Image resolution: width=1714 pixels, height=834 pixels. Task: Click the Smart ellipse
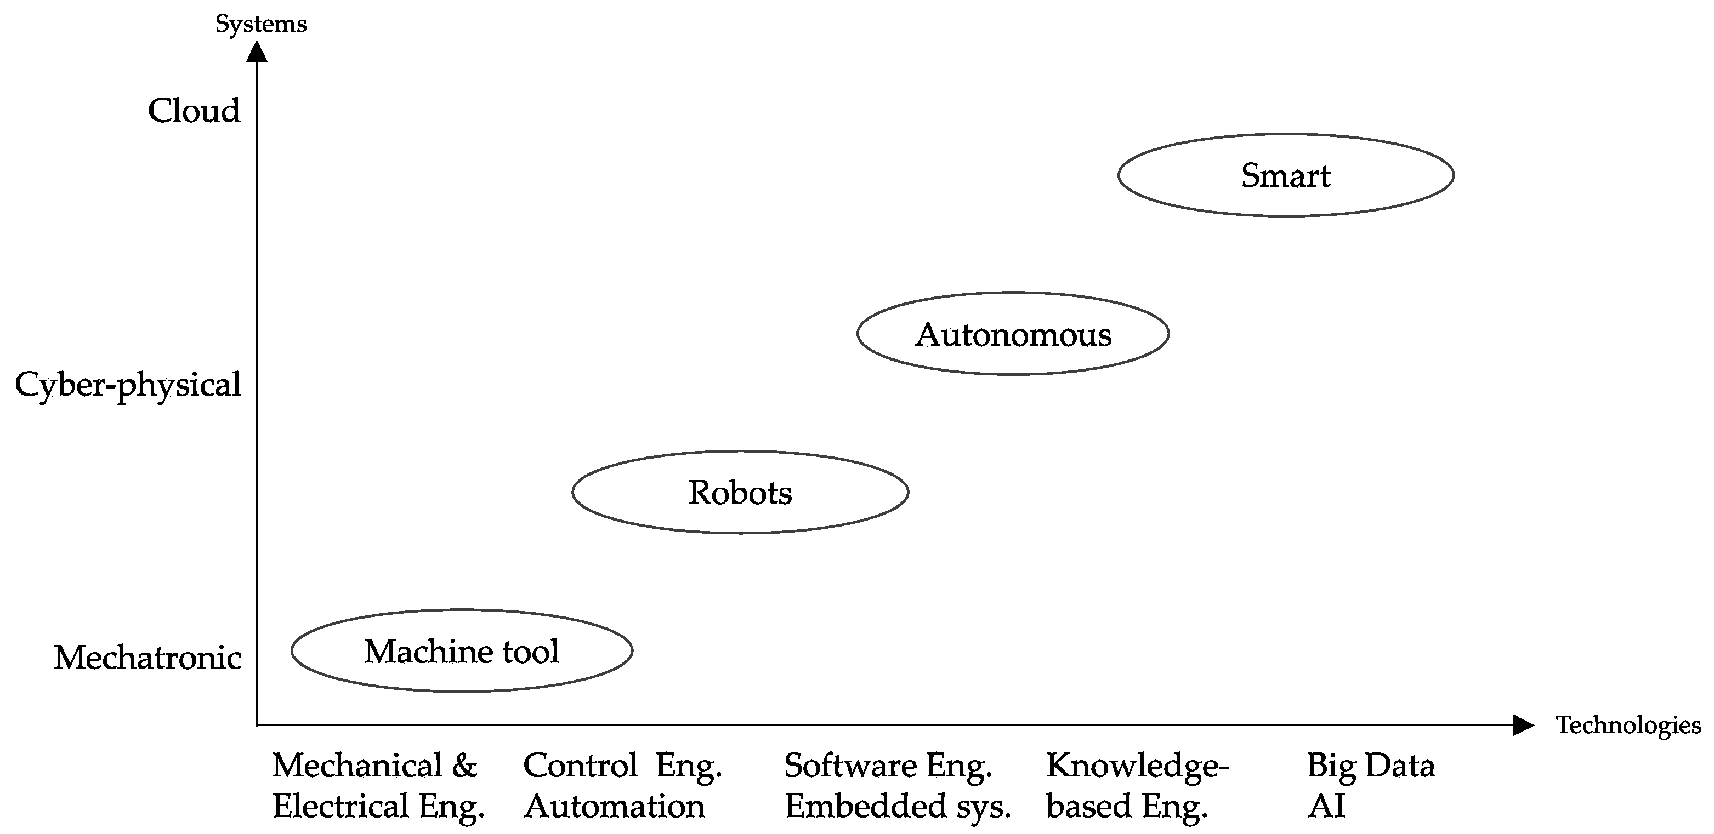pyautogui.click(x=1285, y=175)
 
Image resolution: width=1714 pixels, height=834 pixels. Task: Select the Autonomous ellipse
pyautogui.click(x=1013, y=334)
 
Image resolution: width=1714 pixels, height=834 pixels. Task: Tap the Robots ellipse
pyautogui.click(x=740, y=493)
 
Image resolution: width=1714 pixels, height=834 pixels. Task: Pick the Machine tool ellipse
pyautogui.click(x=461, y=651)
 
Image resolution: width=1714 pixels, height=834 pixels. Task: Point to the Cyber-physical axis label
pyautogui.click(x=128, y=385)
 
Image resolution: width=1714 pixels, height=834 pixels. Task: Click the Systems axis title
pyautogui.click(x=261, y=24)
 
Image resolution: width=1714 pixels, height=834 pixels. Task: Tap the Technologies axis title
pyautogui.click(x=1628, y=725)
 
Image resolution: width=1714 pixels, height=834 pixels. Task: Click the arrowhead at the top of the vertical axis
pyautogui.click(x=257, y=52)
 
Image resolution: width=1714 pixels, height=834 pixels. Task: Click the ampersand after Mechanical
pyautogui.click(x=465, y=766)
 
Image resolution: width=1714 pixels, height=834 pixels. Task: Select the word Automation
pyautogui.click(x=614, y=806)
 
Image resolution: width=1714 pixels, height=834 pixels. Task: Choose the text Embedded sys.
pyautogui.click(x=898, y=807)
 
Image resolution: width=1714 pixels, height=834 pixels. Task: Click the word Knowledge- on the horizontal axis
pyautogui.click(x=1137, y=766)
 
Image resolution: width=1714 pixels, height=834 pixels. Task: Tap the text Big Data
pyautogui.click(x=1371, y=766)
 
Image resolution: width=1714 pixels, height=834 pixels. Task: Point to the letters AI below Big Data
pyautogui.click(x=1326, y=806)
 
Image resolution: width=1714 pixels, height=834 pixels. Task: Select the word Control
pyautogui.click(x=580, y=766)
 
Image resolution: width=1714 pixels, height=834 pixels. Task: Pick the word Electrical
pyautogui.click(x=340, y=806)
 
